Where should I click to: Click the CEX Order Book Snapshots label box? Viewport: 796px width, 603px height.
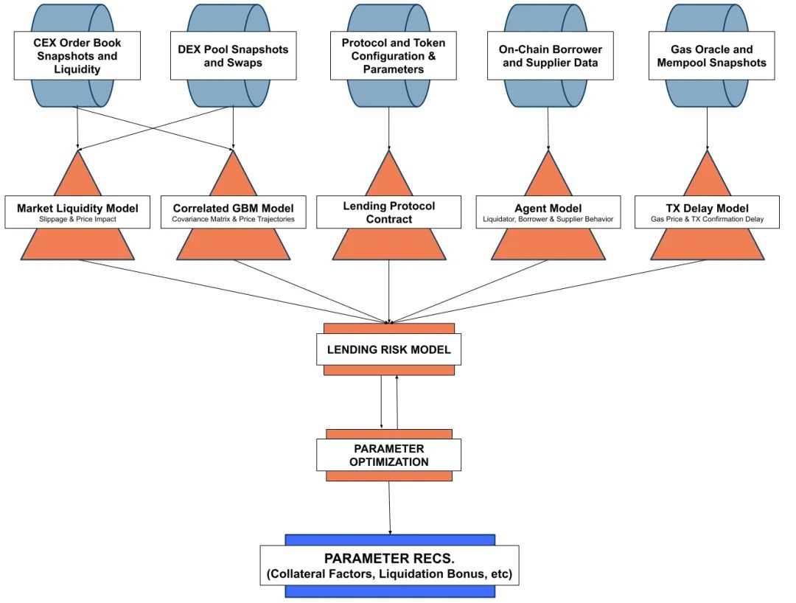(x=77, y=56)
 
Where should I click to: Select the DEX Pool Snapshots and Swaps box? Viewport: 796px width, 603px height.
(x=233, y=56)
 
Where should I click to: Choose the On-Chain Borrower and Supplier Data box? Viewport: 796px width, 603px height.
(x=551, y=56)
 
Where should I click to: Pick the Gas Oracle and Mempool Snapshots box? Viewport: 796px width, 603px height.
(x=712, y=56)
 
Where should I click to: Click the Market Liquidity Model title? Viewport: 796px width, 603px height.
(x=77, y=208)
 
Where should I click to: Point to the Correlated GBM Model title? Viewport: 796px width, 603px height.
(x=234, y=208)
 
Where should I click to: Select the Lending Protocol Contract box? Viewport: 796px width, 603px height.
(x=389, y=212)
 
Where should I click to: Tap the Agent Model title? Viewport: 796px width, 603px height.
(x=548, y=208)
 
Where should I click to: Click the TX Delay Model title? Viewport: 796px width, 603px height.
(x=707, y=208)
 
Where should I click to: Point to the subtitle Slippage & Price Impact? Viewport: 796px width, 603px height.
(x=77, y=219)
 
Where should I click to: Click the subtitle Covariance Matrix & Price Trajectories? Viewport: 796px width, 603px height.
(x=234, y=219)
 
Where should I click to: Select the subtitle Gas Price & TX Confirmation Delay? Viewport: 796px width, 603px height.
(x=707, y=219)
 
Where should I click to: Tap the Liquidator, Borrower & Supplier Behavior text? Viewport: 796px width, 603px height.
(x=548, y=219)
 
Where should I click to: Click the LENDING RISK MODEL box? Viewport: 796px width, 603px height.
(x=389, y=349)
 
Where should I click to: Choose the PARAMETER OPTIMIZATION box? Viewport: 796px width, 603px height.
(x=389, y=456)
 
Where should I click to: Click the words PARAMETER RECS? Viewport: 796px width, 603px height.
(x=389, y=558)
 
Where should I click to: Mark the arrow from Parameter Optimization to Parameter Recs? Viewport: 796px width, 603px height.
(x=390, y=508)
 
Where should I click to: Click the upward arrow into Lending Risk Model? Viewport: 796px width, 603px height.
(x=397, y=402)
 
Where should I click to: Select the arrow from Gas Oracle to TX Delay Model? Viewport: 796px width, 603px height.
(x=707, y=129)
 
